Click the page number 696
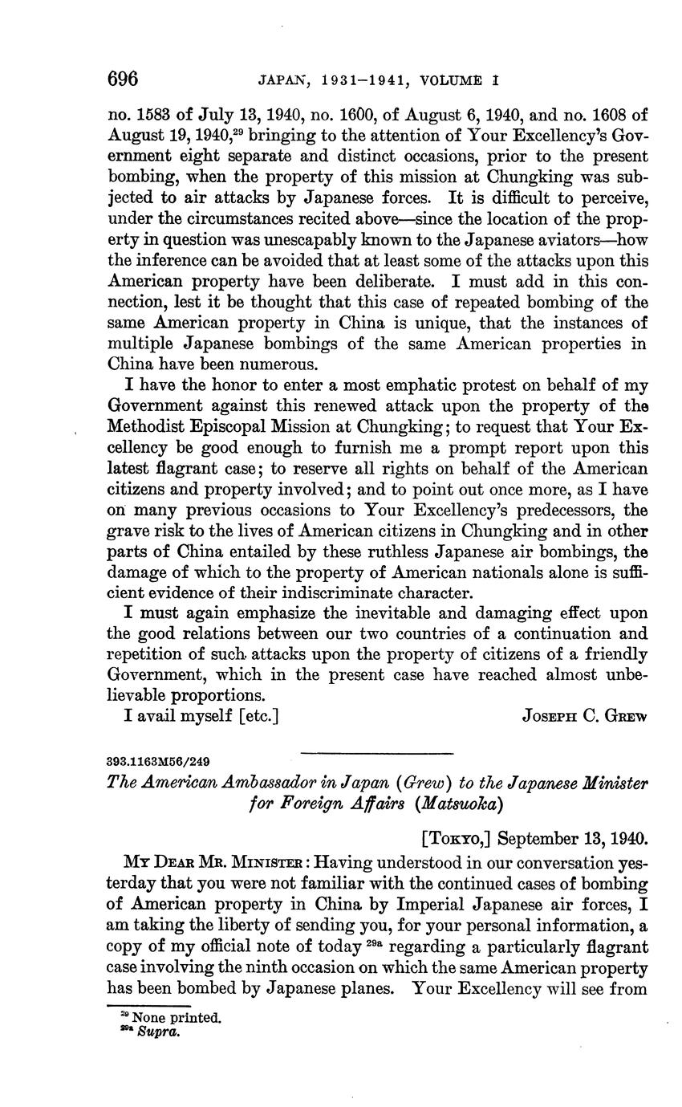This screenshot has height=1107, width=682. pos(124,79)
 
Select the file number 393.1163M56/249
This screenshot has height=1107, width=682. pos(158,760)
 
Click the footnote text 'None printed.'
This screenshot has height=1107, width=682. pos(177,1018)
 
